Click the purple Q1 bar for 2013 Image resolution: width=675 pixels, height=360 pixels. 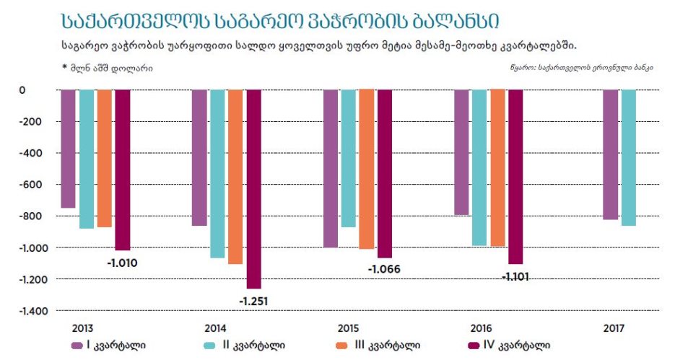(68, 149)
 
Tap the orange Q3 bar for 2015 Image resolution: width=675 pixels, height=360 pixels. (366, 170)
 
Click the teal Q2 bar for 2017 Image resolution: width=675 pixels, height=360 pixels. (628, 158)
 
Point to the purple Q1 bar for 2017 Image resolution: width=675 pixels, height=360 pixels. (610, 154)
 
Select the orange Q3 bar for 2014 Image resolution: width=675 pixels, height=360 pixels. (235, 177)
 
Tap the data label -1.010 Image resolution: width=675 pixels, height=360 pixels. (122, 263)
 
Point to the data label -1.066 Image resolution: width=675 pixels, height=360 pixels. (384, 270)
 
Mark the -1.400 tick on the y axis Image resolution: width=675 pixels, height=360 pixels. (32, 311)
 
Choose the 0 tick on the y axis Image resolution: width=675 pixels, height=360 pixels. (43, 90)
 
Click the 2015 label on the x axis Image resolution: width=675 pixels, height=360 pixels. (349, 328)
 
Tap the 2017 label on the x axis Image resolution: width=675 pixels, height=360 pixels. (612, 328)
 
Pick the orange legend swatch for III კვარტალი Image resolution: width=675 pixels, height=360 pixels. (344, 345)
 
